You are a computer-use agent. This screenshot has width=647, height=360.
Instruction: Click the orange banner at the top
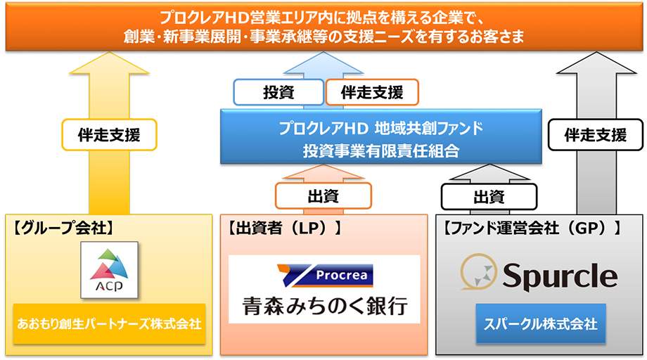point(324,27)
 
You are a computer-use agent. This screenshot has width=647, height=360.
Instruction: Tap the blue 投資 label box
point(278,92)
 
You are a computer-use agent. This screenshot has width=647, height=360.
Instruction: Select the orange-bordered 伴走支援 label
point(372,92)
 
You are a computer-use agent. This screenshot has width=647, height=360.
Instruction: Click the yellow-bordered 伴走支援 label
point(109,135)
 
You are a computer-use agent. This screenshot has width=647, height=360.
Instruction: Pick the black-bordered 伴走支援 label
point(596,135)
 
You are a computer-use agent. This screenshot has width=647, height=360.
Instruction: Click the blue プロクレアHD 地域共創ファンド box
point(381,137)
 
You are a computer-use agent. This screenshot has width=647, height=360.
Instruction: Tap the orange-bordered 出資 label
point(323,196)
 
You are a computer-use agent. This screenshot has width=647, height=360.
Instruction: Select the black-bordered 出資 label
point(489,197)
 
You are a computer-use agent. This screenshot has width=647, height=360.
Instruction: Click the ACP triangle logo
point(109,270)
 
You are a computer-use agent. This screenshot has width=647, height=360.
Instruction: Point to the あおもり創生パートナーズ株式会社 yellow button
point(109,323)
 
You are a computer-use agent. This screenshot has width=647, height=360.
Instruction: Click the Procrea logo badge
point(325,276)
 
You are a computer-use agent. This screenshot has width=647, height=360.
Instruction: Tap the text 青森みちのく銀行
point(325,306)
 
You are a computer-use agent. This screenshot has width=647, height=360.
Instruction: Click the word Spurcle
point(560,276)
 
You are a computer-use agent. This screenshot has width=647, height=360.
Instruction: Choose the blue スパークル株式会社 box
point(541,323)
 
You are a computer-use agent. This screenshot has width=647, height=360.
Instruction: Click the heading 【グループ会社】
point(63,228)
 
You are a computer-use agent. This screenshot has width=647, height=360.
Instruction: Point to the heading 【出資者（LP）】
point(285,228)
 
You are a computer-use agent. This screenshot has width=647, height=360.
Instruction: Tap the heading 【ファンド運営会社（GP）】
point(532,228)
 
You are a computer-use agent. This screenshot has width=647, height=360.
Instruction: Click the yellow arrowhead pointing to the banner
point(109,63)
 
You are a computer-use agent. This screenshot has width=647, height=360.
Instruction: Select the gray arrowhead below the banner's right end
point(596,63)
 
